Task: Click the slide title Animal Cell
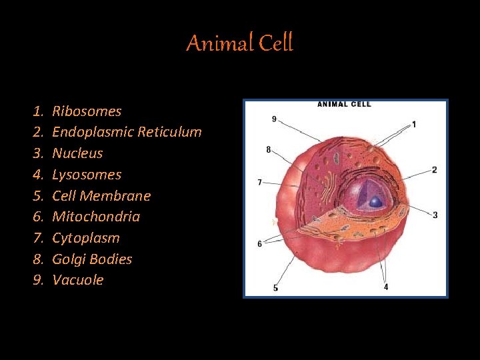click(x=239, y=44)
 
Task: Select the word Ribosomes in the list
click(x=87, y=111)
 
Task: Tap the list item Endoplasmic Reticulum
click(x=127, y=132)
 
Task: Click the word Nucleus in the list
click(x=77, y=153)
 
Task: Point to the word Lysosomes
click(x=87, y=175)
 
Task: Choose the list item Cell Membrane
click(x=101, y=196)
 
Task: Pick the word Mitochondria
click(x=96, y=217)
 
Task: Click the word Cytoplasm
click(x=86, y=238)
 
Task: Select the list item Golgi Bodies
click(x=92, y=259)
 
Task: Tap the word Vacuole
click(x=78, y=280)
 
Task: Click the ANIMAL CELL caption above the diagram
click(x=344, y=104)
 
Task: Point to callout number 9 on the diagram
click(x=274, y=119)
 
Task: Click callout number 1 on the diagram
click(x=414, y=124)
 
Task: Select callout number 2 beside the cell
click(x=435, y=170)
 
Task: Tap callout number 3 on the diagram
click(x=435, y=215)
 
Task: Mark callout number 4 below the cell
click(x=386, y=287)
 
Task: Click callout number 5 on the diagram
click(x=275, y=288)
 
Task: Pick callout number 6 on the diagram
click(x=259, y=244)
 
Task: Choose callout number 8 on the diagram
click(x=269, y=150)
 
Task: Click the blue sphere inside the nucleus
click(x=376, y=201)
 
